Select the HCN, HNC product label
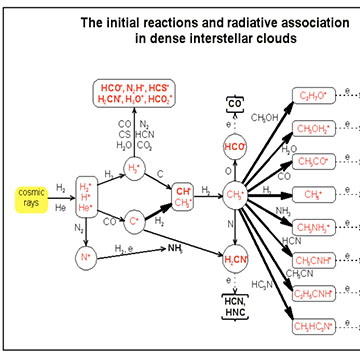236,310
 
